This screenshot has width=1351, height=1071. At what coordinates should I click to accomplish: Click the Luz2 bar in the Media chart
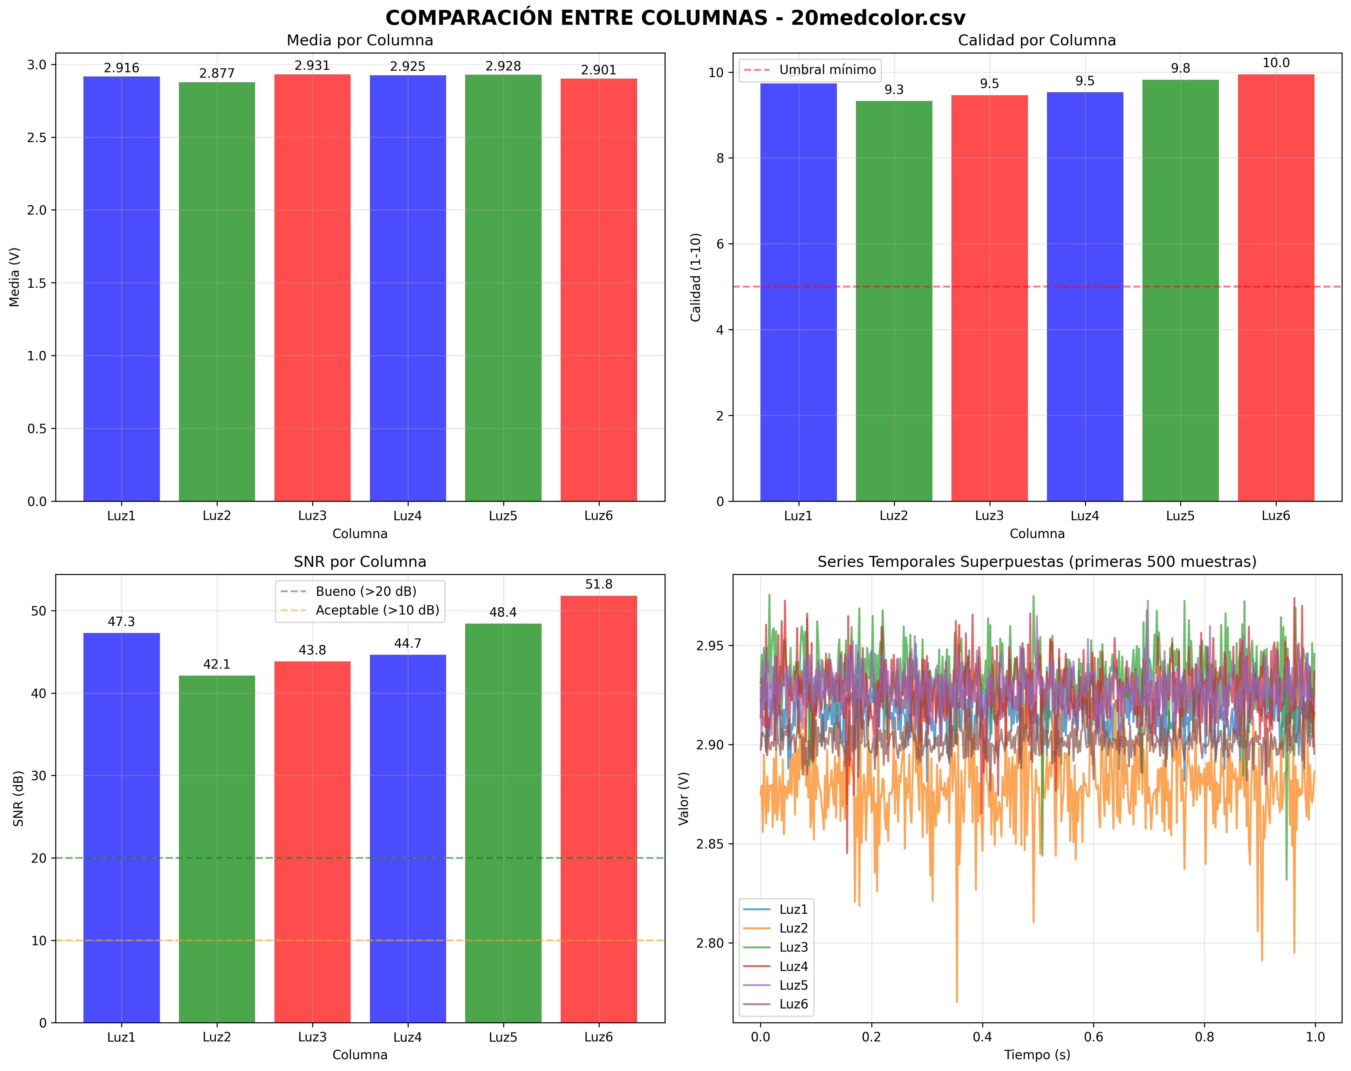217,291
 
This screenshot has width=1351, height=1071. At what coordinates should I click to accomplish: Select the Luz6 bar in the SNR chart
598,808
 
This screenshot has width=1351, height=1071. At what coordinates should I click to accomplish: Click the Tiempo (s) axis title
1037,1055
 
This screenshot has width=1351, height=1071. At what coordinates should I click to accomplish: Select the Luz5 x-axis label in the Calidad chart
1180,516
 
